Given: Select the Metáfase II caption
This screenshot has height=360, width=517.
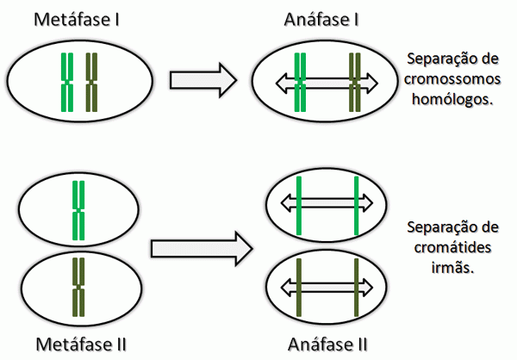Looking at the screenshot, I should coord(81,345).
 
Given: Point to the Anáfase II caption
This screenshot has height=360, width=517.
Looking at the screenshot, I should coord(328,345).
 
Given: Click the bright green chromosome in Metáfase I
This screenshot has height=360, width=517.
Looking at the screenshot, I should coord(67,83).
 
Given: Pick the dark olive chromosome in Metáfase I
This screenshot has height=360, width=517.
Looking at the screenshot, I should coord(92,83).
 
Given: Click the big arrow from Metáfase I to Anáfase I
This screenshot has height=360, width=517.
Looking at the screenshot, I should coord(202,80).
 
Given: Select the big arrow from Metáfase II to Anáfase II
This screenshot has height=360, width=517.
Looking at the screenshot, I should coord(202,248).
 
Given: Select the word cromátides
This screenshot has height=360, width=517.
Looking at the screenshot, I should coord(451,248).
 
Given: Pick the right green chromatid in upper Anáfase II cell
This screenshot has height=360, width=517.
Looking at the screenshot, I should coord(356,204).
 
